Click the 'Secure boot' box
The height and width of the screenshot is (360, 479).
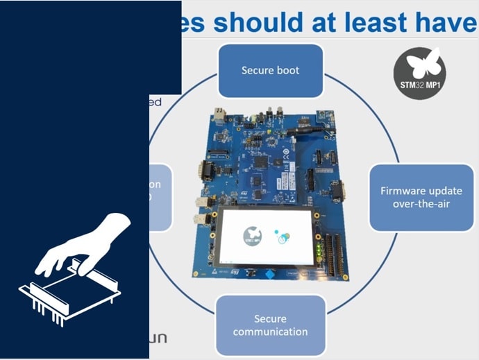pyautogui.click(x=270, y=70)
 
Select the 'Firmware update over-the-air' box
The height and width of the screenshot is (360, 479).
pyautogui.click(x=421, y=197)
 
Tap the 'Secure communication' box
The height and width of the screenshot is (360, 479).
pyautogui.click(x=270, y=325)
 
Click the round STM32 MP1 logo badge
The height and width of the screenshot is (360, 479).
pyautogui.click(x=419, y=73)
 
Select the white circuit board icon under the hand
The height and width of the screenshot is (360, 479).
pyautogui.click(x=69, y=295)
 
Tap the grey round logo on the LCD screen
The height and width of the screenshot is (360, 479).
pyautogui.click(x=253, y=236)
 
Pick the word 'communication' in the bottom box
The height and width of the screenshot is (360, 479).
pyautogui.click(x=270, y=331)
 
